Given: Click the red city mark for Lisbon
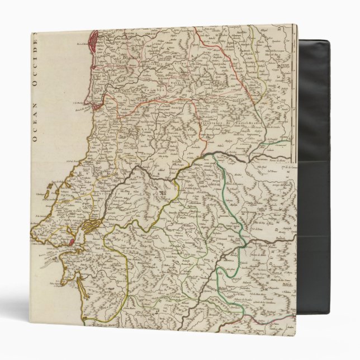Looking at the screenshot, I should point(72,241).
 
